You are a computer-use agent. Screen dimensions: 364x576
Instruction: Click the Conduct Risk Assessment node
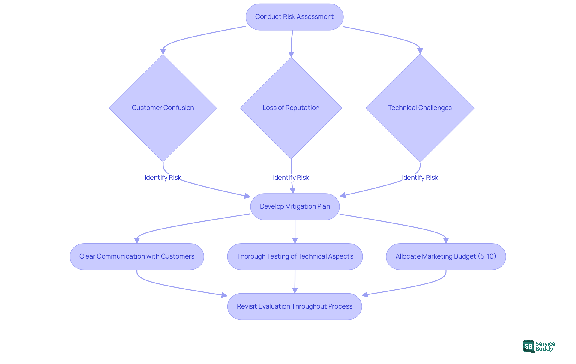click(294, 17)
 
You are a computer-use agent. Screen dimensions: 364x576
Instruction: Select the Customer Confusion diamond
click(163, 108)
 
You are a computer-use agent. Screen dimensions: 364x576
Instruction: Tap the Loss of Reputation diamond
click(291, 108)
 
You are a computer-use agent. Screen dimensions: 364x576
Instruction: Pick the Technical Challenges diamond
click(420, 108)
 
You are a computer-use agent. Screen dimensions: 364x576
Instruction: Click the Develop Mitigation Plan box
click(295, 206)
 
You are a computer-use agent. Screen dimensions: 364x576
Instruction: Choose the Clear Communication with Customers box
click(137, 256)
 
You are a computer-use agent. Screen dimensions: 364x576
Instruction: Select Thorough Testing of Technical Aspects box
click(295, 256)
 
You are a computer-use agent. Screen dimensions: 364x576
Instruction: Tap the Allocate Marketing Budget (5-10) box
click(446, 256)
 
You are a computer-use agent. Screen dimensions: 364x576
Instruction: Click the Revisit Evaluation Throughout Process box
click(295, 306)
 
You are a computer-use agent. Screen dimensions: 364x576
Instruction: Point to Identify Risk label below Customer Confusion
click(163, 178)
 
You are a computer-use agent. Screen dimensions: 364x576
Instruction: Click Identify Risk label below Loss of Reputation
click(291, 178)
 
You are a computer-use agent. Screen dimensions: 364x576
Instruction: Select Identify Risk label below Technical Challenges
click(420, 178)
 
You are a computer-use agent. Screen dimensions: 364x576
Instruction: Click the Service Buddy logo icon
click(529, 347)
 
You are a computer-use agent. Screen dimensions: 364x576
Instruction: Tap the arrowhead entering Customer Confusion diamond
click(163, 52)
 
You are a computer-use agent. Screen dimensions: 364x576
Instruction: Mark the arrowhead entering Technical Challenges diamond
click(420, 51)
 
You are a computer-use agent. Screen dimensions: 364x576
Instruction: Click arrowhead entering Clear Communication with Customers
click(137, 240)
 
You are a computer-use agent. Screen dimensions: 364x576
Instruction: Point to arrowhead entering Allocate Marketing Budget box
click(446, 240)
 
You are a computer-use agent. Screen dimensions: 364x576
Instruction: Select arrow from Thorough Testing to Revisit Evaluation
click(295, 282)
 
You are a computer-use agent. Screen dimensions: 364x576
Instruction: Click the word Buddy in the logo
click(544, 349)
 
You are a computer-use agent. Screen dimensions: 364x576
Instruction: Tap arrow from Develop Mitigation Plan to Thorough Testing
click(295, 232)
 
